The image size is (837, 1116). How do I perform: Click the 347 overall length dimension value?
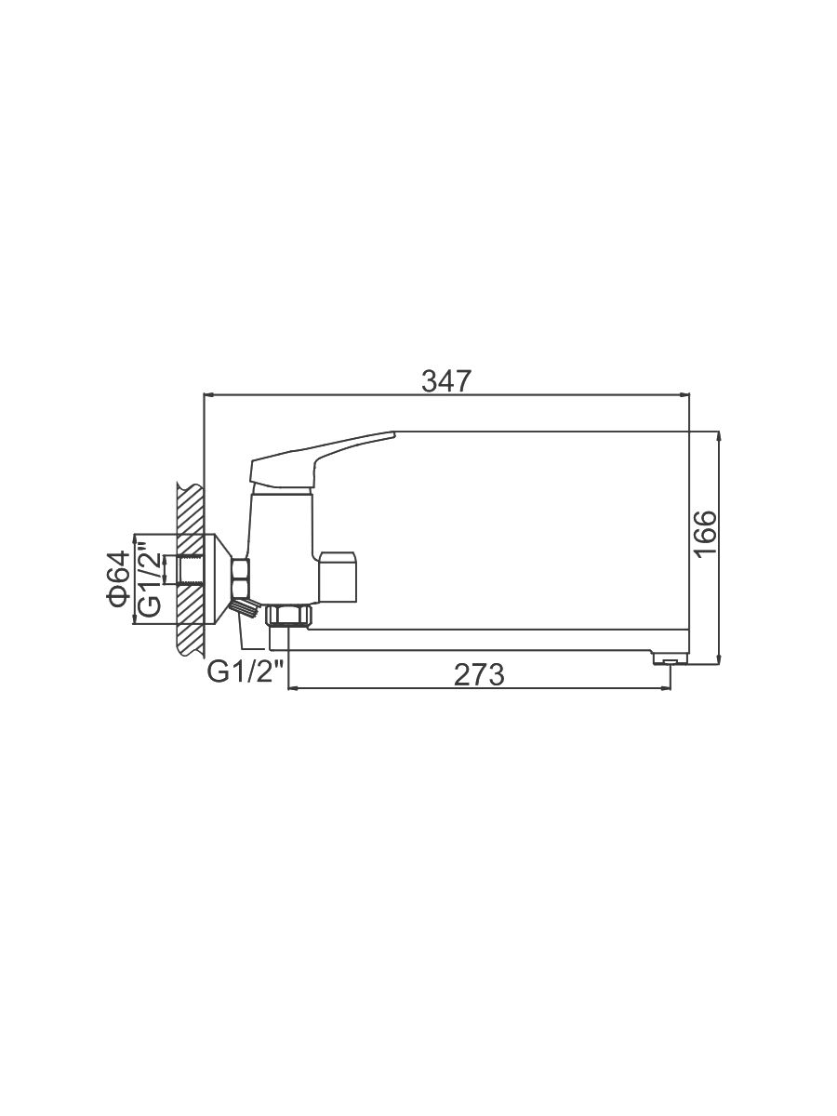tap(446, 380)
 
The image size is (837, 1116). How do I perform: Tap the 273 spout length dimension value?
tap(479, 674)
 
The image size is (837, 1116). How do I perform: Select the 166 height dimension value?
tap(707, 535)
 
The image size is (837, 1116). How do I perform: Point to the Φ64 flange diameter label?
tap(119, 578)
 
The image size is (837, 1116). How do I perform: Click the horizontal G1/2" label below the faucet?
tap(246, 672)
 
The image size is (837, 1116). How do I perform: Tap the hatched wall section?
tap(191, 568)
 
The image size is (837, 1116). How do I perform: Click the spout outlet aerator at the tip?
tap(671, 660)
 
